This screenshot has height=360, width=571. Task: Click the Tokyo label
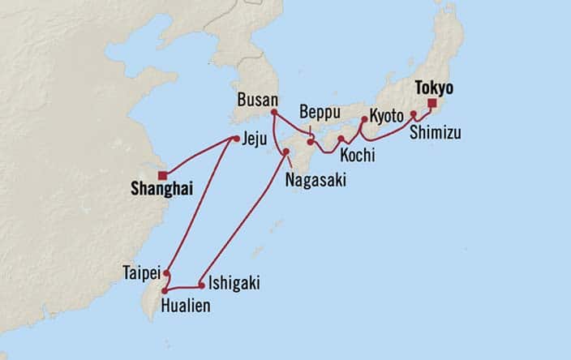point(434,87)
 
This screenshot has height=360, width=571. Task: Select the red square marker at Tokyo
point(431,104)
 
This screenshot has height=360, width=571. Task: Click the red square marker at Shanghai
point(162,174)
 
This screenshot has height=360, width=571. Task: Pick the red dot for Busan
point(274,112)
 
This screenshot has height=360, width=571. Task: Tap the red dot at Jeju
point(236,139)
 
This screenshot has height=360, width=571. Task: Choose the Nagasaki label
point(316,181)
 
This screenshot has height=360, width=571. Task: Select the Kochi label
point(357,152)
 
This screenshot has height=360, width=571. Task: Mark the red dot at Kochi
point(341,139)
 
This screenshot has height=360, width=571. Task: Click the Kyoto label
point(385,116)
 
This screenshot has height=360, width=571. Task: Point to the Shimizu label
point(436,132)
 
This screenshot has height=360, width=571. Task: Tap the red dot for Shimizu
point(413,114)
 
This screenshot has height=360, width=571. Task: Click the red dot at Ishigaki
point(201,285)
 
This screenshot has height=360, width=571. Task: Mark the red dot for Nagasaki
point(286,152)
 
